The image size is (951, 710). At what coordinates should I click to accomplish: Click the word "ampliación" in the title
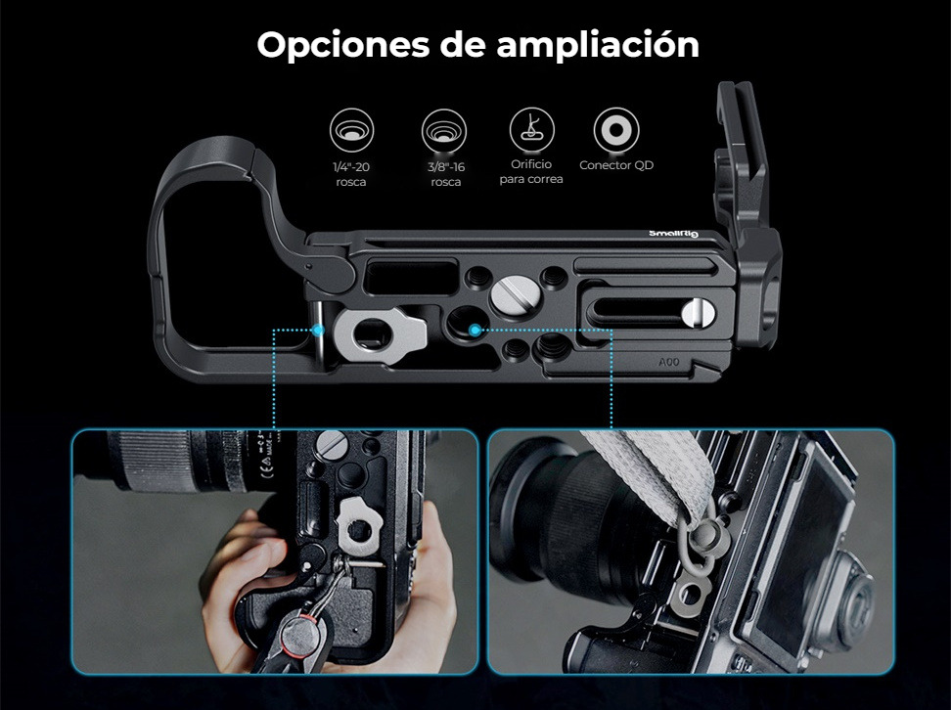point(598,46)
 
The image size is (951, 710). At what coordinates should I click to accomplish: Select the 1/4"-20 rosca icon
point(352,130)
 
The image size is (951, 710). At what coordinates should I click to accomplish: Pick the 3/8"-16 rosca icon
point(444,130)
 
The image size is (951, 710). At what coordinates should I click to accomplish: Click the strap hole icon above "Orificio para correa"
point(532,129)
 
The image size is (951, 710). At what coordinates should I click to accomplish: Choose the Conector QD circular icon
point(616,130)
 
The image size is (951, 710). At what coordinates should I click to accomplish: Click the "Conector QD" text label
point(616,165)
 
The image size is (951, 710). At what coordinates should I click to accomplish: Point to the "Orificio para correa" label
point(531,171)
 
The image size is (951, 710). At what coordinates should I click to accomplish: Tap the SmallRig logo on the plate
point(673,234)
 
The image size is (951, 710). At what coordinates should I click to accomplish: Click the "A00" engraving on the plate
point(669,362)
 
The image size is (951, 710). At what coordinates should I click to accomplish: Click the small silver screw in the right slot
point(699,314)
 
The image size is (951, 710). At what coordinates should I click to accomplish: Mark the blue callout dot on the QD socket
point(475,330)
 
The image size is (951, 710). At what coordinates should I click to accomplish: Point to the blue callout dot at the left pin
point(317,330)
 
